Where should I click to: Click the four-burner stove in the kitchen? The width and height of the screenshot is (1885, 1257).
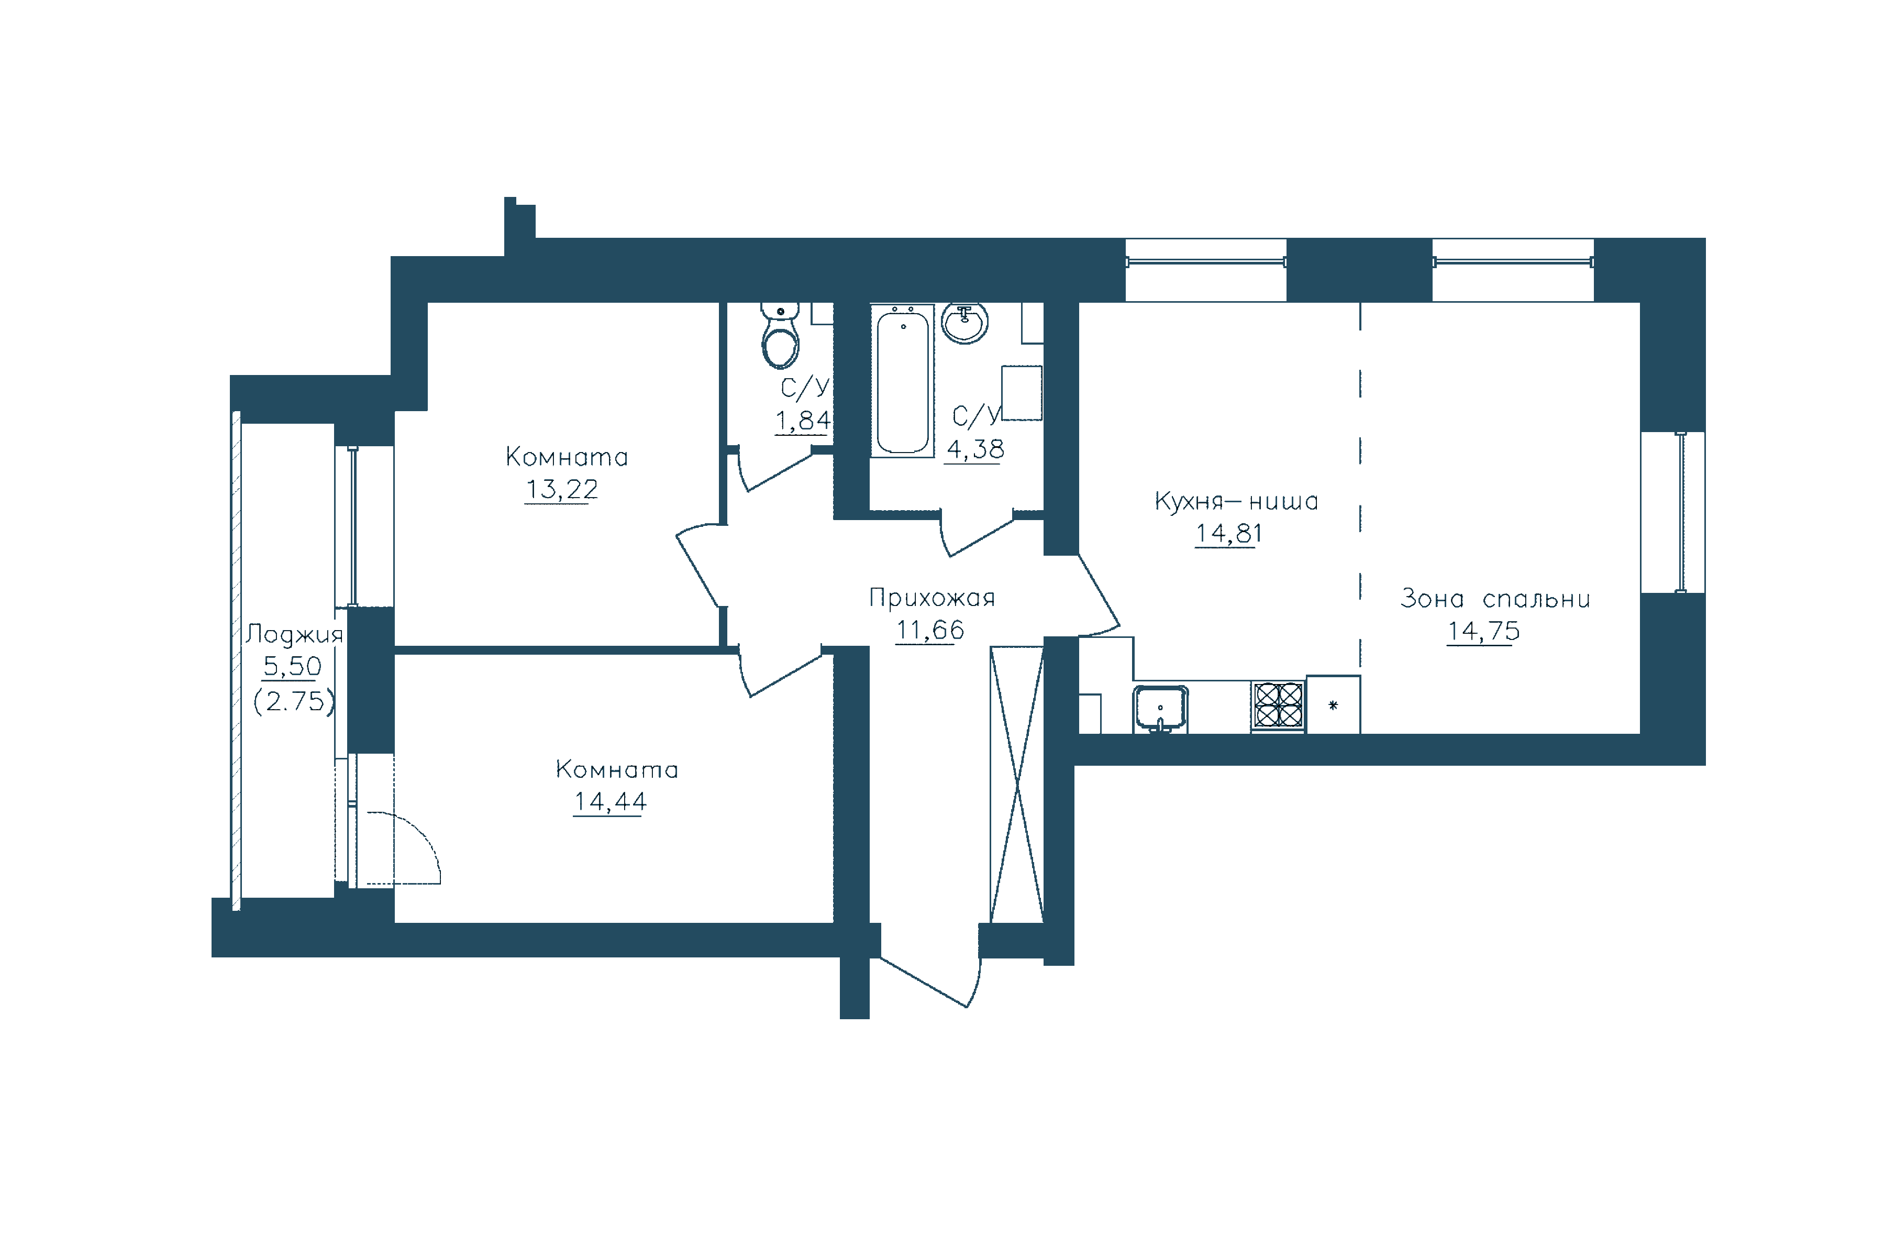(1278, 704)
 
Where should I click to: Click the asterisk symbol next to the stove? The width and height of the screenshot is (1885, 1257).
(1333, 705)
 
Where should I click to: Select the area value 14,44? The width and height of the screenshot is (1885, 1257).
(610, 802)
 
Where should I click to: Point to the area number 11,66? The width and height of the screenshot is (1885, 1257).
(930, 630)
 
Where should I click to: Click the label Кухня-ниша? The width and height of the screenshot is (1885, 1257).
(1236, 501)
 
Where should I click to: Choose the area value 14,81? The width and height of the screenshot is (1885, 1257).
(1228, 533)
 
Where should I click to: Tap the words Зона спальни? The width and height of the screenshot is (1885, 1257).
(1495, 599)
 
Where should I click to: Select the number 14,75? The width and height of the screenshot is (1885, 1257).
(1483, 632)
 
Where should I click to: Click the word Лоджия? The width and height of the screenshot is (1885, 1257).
(294, 634)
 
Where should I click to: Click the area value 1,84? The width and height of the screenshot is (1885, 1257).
(802, 420)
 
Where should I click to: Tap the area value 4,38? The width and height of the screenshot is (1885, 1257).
(974, 449)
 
